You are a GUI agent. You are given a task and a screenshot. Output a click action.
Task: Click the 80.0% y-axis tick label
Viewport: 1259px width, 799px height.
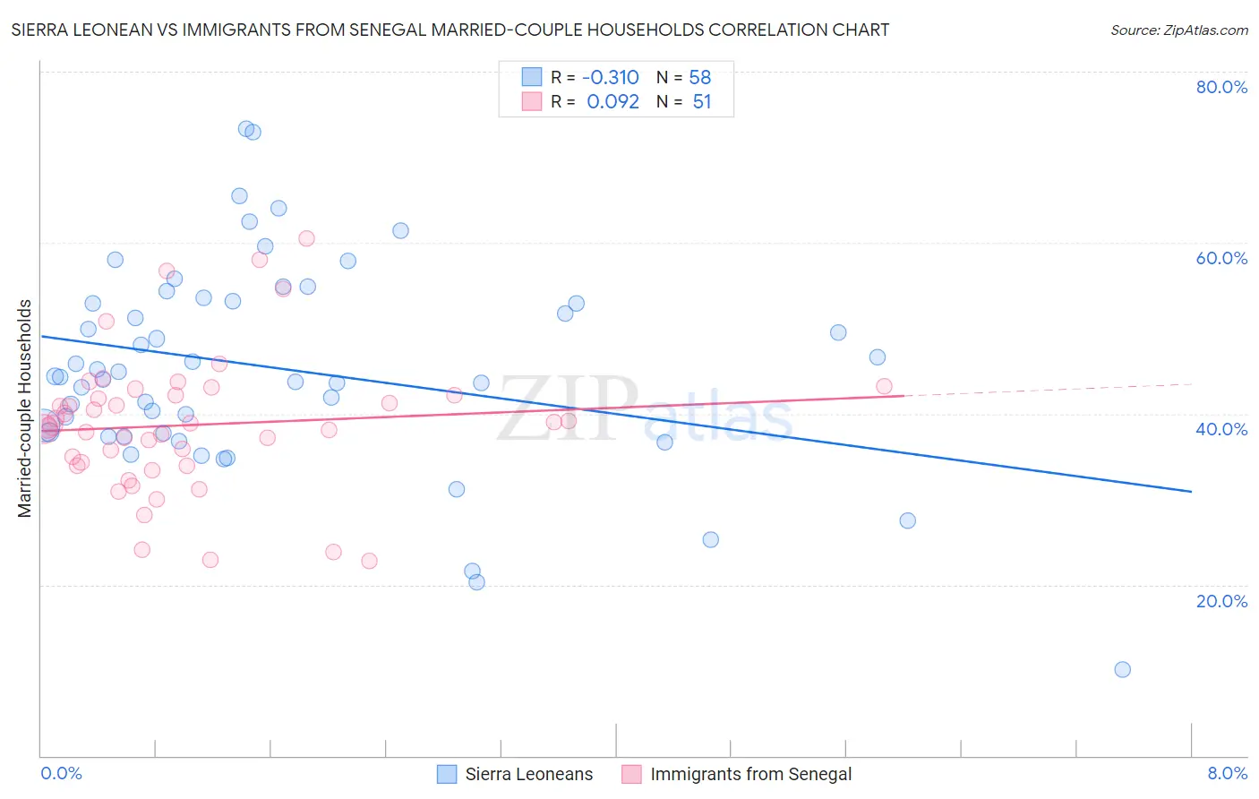[1221, 87]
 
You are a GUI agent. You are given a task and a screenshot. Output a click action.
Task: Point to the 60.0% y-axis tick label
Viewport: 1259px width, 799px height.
[1221, 258]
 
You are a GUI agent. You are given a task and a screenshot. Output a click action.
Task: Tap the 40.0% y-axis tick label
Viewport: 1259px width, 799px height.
[1221, 429]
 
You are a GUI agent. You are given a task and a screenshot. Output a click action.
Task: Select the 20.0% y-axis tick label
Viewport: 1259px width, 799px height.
[1221, 601]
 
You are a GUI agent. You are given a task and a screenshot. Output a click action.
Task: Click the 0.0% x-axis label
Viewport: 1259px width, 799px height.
[61, 774]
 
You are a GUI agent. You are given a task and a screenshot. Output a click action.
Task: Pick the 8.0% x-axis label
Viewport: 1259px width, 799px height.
[1227, 774]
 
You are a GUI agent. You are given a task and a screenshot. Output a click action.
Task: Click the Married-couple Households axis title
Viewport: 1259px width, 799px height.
[25, 408]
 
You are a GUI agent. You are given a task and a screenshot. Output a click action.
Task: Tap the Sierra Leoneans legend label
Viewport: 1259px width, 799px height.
[528, 775]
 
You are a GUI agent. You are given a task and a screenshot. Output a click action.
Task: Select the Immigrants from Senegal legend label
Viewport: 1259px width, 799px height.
[750, 775]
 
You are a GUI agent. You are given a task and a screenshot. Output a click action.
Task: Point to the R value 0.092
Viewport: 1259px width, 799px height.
[612, 102]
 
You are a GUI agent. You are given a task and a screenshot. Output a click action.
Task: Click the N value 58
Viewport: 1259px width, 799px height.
[700, 78]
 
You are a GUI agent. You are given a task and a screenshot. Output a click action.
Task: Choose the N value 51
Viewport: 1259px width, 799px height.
[702, 102]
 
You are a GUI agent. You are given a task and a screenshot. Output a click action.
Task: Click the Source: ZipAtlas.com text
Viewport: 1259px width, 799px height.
[1178, 30]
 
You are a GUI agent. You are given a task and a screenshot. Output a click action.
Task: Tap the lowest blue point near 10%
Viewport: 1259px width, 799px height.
[1122, 669]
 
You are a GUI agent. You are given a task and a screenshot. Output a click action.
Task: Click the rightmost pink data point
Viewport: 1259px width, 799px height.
[884, 386]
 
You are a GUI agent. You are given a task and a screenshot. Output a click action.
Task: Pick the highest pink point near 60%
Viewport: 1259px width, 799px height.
[306, 238]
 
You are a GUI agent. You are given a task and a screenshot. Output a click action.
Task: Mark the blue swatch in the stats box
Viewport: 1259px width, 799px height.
[532, 77]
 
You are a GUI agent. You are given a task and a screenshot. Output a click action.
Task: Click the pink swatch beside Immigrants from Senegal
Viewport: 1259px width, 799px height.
[631, 775]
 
